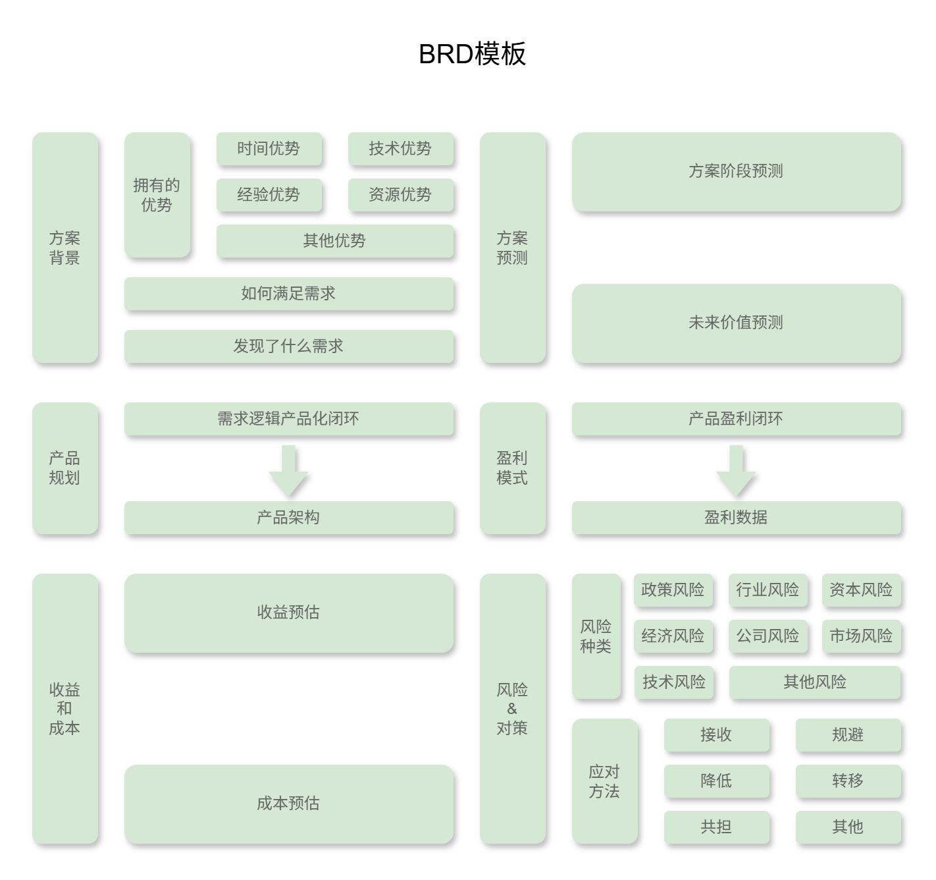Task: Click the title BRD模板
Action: (x=472, y=54)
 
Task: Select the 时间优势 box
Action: (x=269, y=149)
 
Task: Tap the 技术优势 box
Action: (x=401, y=149)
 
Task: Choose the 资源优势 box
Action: (x=401, y=195)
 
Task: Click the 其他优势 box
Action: (x=335, y=241)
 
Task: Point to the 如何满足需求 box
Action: (x=289, y=294)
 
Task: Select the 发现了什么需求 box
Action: (x=289, y=346)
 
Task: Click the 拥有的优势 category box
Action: (x=157, y=195)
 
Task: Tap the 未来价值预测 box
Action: (x=736, y=323)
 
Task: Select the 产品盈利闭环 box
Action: (x=736, y=419)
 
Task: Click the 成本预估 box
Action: (x=289, y=804)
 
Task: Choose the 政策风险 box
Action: (x=673, y=590)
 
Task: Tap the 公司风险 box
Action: (x=768, y=636)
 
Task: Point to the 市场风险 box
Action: (x=862, y=636)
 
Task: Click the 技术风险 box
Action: (x=674, y=682)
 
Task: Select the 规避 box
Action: (x=848, y=735)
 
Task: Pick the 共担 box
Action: (x=717, y=827)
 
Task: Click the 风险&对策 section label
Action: (x=513, y=709)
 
